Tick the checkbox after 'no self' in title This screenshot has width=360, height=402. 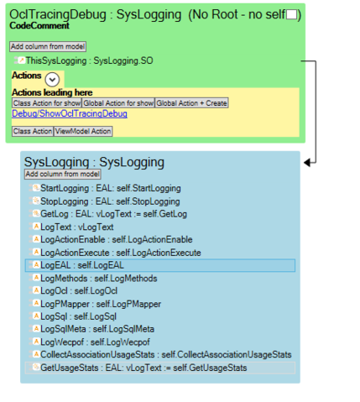coord(291,14)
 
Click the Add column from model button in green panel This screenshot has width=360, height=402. coord(48,46)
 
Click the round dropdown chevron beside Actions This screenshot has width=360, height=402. coord(52,80)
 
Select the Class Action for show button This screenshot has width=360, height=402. coord(47,103)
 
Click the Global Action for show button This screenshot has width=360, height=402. coord(118,103)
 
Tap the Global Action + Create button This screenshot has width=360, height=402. coord(191,103)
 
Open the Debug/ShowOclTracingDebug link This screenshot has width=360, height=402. coord(70,113)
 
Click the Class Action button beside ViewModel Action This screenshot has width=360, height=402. coord(33,131)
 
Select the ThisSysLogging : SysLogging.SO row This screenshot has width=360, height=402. coord(89,60)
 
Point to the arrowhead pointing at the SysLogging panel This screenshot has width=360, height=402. coord(307,163)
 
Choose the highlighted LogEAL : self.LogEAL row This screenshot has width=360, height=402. coord(160,265)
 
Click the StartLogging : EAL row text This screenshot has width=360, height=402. coord(111,188)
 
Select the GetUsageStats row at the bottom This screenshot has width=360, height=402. coord(160,368)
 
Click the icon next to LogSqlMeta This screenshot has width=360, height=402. coord(36,329)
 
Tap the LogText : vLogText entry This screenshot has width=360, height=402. coord(77,227)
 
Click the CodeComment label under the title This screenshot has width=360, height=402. coord(39,26)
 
